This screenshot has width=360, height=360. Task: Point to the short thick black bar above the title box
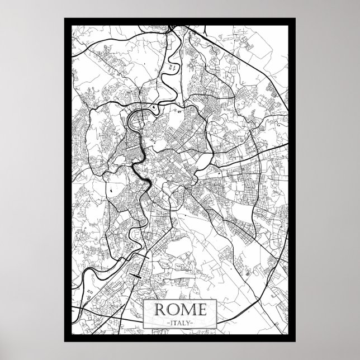136,274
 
